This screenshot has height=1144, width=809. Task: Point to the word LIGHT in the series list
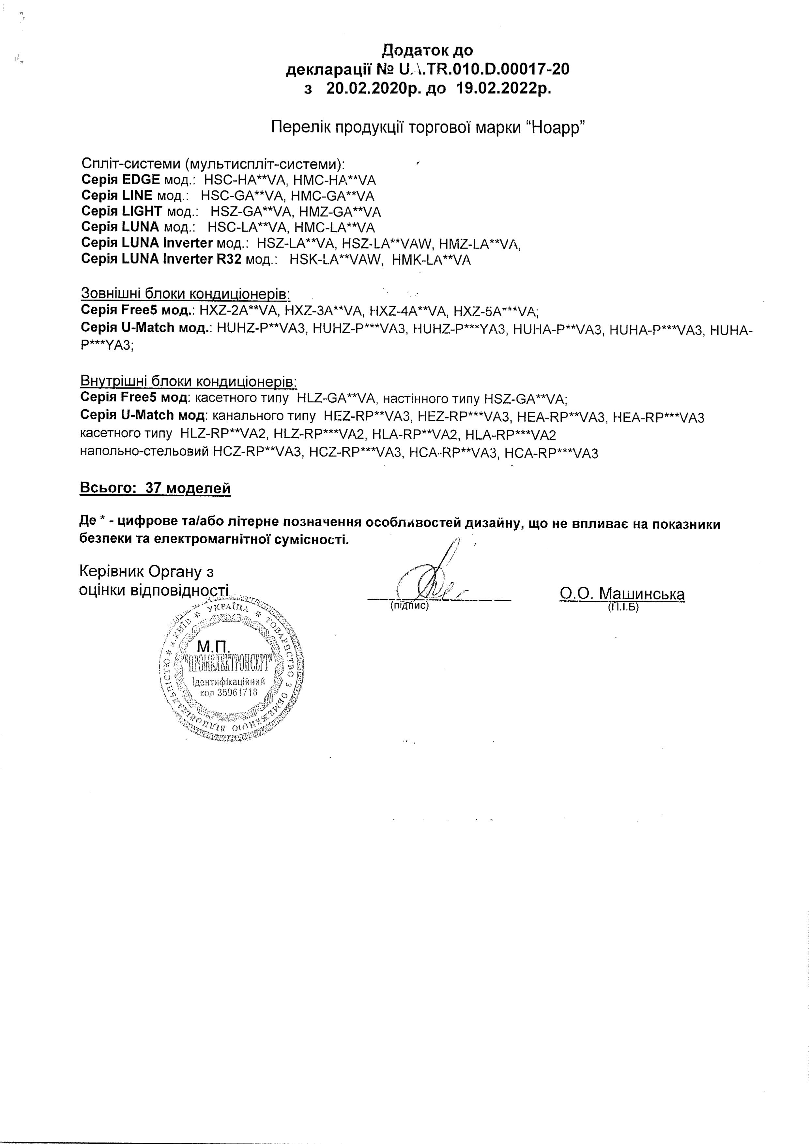(142, 212)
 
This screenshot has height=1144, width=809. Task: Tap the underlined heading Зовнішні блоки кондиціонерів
(185, 294)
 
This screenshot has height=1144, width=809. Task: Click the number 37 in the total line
(153, 488)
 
